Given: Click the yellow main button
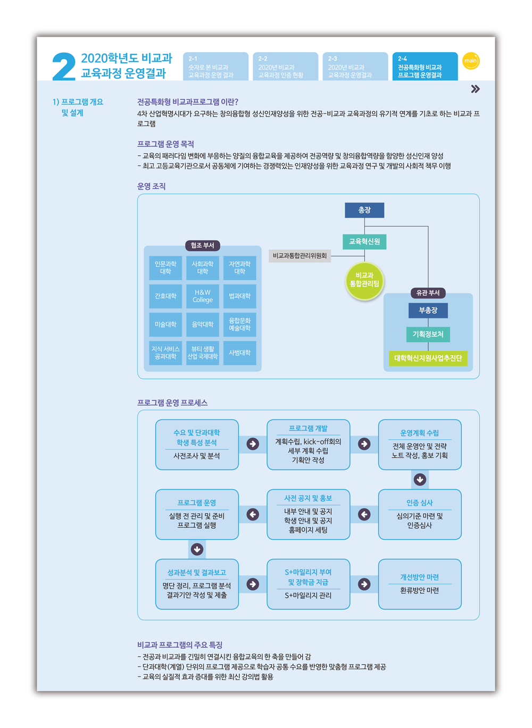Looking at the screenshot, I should point(470,61).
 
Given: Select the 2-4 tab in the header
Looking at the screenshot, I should point(425,66).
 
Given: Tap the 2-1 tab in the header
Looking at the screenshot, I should point(215,66).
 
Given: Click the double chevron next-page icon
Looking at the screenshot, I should point(475,89).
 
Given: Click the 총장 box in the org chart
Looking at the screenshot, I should point(364,210).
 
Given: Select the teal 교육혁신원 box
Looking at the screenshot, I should point(364,241).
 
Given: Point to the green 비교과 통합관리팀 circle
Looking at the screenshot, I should point(364,280).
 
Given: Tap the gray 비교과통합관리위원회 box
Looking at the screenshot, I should point(300,256).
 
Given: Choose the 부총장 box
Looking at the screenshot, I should point(428,310).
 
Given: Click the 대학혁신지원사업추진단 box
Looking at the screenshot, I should point(428,358).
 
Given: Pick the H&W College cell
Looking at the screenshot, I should point(203,296).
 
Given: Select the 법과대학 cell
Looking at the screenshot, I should point(239,296).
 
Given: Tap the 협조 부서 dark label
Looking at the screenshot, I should point(202,245).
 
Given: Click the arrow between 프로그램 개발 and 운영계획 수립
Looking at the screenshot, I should point(364,444).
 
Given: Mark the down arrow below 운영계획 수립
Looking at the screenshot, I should point(420,480).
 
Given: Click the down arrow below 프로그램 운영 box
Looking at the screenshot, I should point(197,549).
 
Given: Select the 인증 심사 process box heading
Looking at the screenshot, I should point(420,503).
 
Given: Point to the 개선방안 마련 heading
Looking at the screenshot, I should point(420,577).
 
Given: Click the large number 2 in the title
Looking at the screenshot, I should point(64,67).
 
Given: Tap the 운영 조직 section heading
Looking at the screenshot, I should point(152,186).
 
